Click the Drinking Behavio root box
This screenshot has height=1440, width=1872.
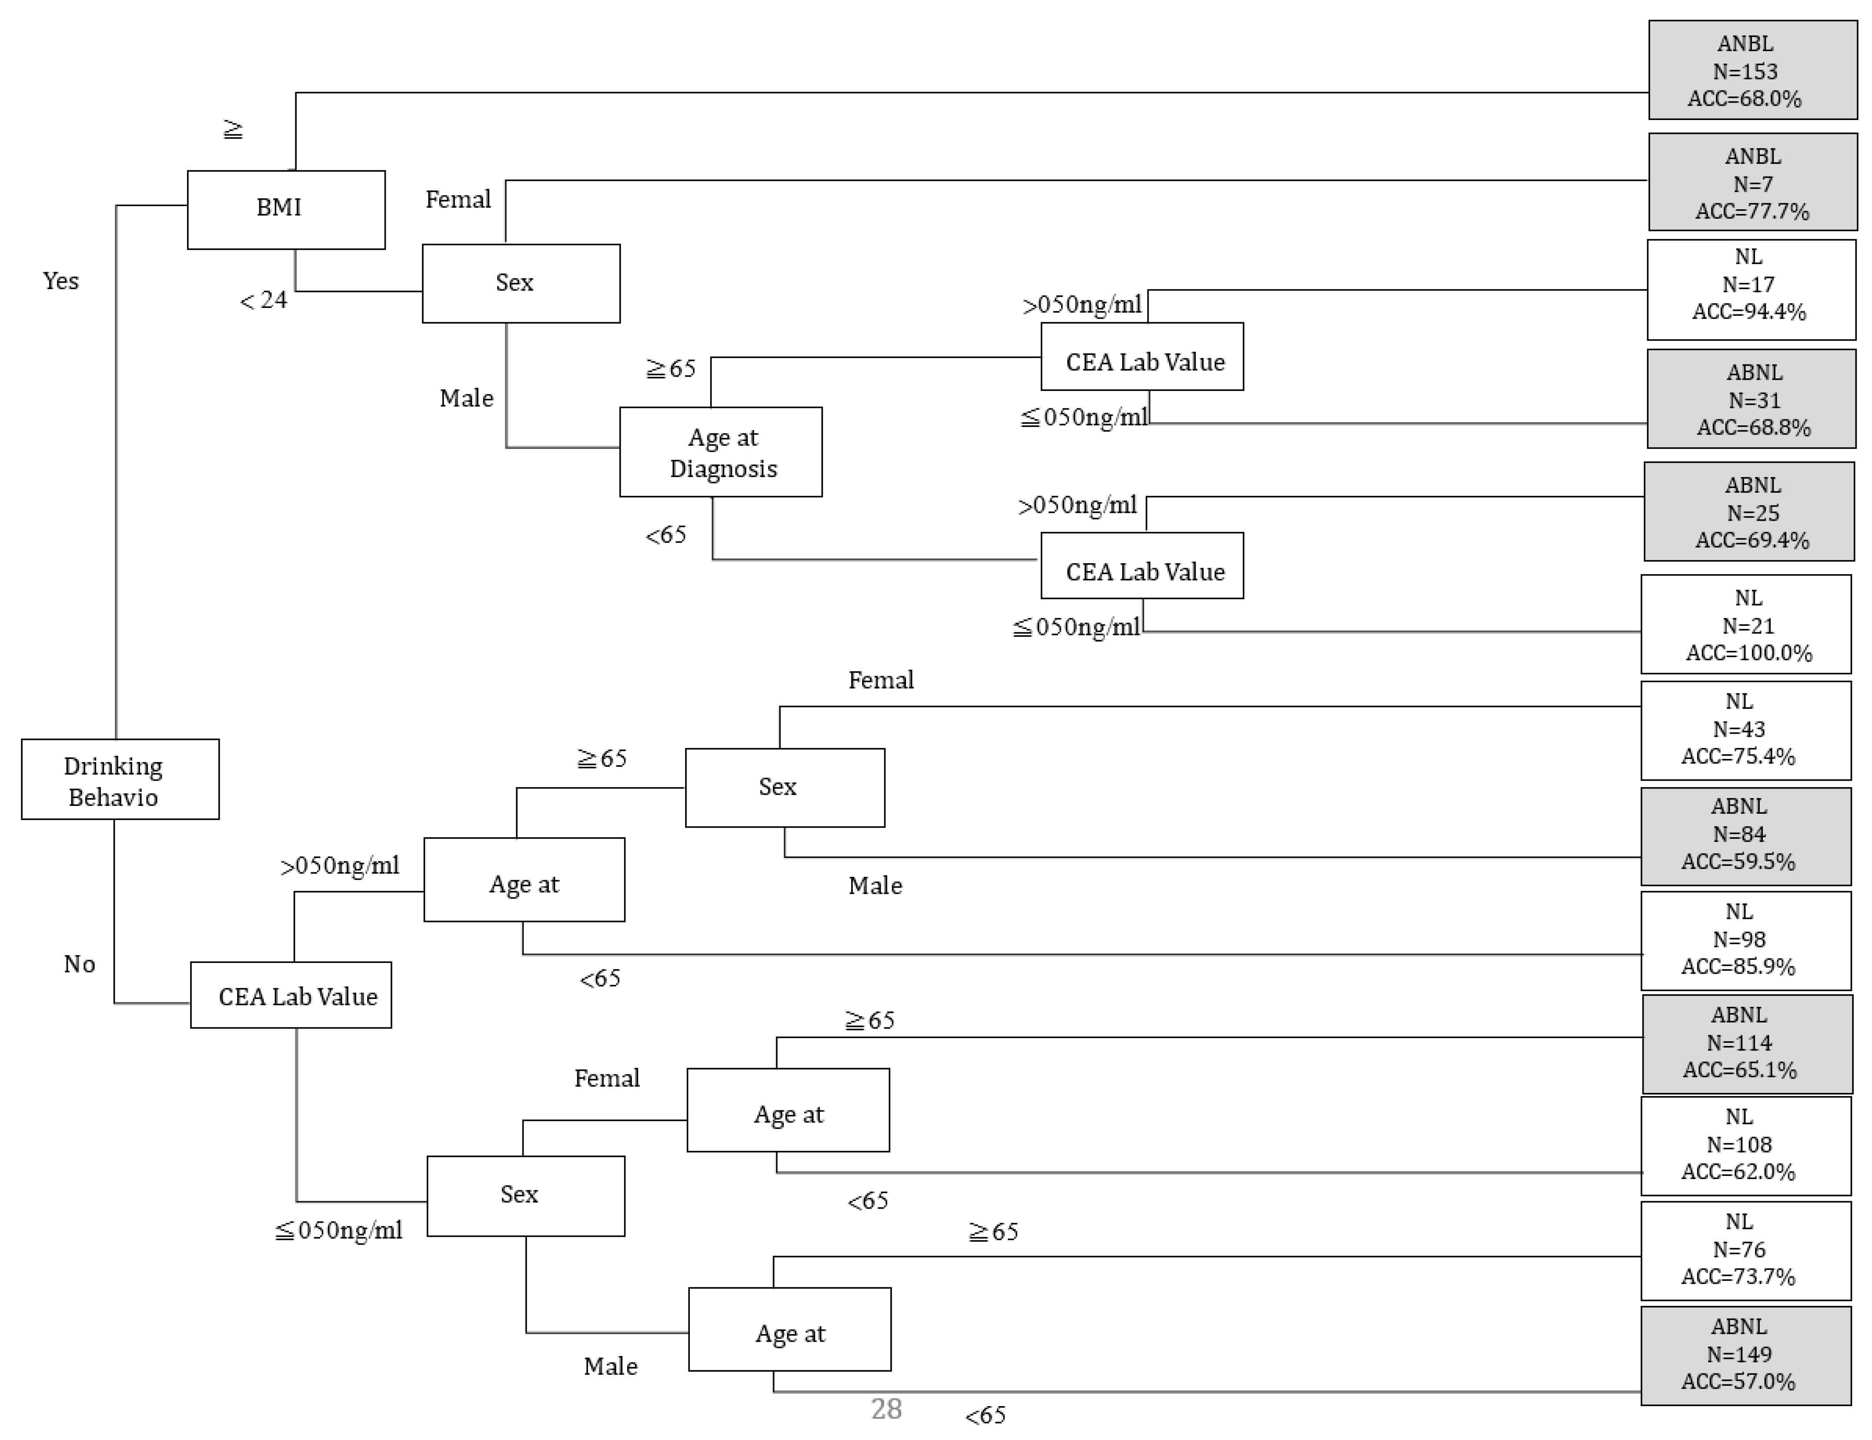(120, 779)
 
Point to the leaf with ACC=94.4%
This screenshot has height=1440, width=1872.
(1750, 290)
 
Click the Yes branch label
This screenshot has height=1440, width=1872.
(61, 281)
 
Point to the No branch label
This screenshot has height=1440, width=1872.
(79, 964)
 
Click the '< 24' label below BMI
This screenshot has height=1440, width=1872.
(263, 300)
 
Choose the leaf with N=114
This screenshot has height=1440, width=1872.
(1747, 1043)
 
